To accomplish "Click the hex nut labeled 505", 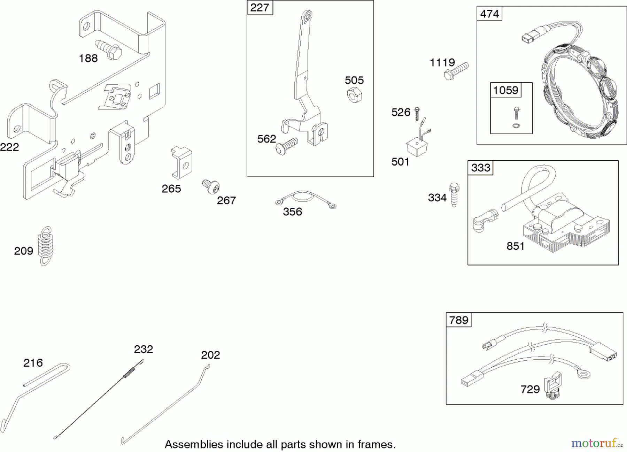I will click(x=354, y=94).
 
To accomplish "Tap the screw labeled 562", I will click(x=286, y=146).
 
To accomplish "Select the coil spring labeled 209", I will click(x=45, y=246).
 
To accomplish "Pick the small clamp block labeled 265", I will click(x=181, y=162).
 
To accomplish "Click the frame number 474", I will click(x=489, y=14).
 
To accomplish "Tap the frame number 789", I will click(x=459, y=320).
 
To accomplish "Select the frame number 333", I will click(x=480, y=168).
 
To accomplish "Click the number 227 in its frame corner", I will click(x=260, y=8).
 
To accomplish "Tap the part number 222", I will click(x=9, y=147).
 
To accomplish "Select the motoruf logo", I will click(x=594, y=443).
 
